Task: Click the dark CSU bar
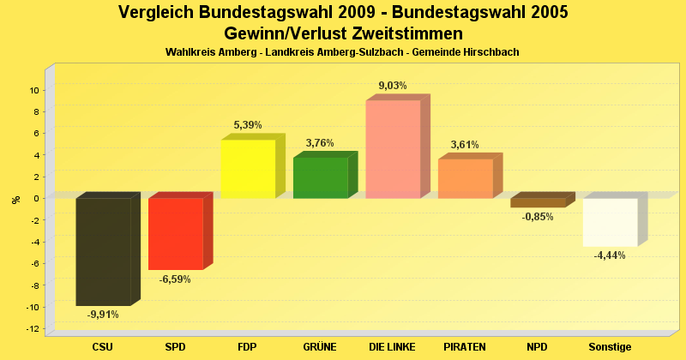[103, 251]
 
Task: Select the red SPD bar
[175, 233]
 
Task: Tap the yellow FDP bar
[248, 169]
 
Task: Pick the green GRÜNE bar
[320, 177]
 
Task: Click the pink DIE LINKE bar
[393, 149]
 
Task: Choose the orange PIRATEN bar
[465, 178]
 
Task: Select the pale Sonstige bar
[610, 222]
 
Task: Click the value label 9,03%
[393, 86]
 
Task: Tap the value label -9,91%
[103, 315]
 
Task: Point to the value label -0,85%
[538, 217]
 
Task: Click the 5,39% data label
[248, 125]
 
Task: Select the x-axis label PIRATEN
[465, 347]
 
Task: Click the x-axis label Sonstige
[610, 347]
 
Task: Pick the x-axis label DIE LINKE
[393, 347]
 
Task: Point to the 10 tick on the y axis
[35, 90]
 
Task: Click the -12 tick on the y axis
[33, 329]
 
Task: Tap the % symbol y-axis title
[16, 199]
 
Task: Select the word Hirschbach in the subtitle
[491, 53]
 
